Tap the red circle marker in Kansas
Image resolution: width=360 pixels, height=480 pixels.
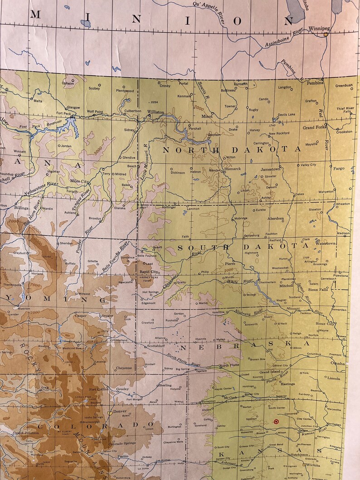click(276, 422)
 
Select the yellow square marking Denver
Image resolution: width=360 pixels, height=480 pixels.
click(110, 413)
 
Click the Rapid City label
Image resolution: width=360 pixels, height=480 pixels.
click(148, 272)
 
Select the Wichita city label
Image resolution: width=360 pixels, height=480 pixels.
click(312, 465)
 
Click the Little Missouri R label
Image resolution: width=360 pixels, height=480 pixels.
click(146, 160)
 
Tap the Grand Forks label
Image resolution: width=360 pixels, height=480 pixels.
click(314, 128)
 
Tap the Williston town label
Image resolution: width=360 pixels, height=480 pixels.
click(156, 112)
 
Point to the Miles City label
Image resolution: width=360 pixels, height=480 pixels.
click(79, 181)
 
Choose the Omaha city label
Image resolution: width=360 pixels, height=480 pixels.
click(337, 364)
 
